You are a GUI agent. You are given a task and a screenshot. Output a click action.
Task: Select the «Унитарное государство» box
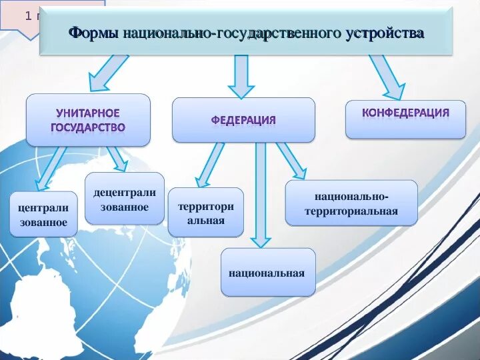[88, 120]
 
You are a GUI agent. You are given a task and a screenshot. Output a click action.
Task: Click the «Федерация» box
[243, 120]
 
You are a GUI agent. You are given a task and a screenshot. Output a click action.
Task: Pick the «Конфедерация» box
[405, 113]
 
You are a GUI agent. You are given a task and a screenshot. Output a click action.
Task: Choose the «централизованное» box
[43, 215]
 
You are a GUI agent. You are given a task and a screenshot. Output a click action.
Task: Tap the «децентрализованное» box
[125, 199]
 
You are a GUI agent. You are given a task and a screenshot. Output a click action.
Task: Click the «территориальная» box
[205, 213]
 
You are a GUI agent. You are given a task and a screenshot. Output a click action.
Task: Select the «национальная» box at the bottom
[267, 272]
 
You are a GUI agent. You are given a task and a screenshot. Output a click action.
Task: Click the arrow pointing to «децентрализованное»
[116, 159]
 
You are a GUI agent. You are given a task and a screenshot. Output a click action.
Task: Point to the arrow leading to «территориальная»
[209, 165]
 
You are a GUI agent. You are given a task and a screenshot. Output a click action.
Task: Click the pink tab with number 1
[20, 17]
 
